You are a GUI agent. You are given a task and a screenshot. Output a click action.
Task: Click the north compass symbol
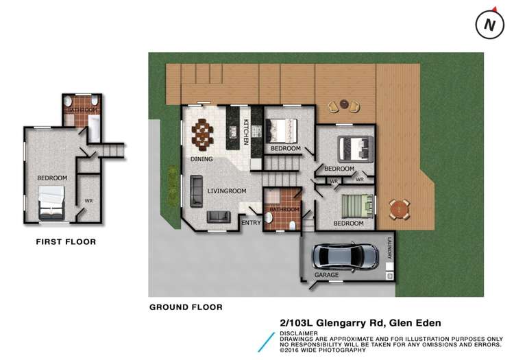click(x=489, y=25)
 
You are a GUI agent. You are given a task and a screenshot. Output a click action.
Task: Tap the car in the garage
click(x=345, y=257)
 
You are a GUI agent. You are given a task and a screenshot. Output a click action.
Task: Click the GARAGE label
click(x=327, y=275)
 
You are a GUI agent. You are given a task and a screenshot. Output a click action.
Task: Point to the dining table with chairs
click(x=204, y=134)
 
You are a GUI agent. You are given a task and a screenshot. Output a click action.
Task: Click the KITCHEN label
click(x=245, y=132)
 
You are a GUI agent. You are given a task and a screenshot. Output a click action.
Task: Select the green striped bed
click(x=356, y=204)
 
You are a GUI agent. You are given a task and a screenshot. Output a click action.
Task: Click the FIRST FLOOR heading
click(x=66, y=241)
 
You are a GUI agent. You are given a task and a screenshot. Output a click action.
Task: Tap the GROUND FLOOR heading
click(x=186, y=307)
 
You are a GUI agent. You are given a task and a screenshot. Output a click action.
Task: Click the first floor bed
click(x=51, y=201)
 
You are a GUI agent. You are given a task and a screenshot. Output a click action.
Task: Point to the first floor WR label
click(x=88, y=201)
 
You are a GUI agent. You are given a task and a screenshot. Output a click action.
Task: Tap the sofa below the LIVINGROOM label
click(x=217, y=217)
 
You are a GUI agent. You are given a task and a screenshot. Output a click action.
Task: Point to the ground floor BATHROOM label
click(x=284, y=209)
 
